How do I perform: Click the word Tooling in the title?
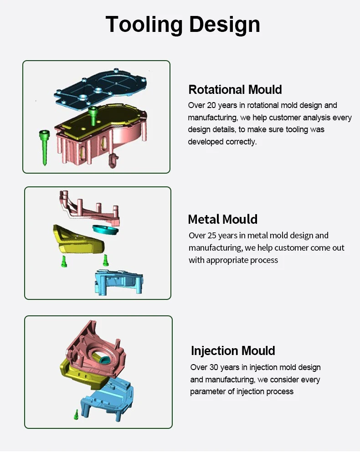click(x=144, y=25)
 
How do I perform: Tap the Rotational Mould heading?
click(x=235, y=90)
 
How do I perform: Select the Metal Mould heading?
click(x=222, y=219)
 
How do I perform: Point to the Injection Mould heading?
click(x=233, y=351)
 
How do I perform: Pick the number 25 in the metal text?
click(x=212, y=236)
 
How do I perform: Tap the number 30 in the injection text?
click(x=214, y=367)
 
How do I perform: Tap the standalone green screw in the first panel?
click(x=45, y=147)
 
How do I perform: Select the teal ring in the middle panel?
click(x=105, y=230)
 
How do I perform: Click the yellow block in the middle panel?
click(x=78, y=239)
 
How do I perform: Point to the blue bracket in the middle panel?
click(x=119, y=282)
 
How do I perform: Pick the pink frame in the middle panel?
click(x=90, y=210)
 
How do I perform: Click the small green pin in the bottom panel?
click(x=76, y=415)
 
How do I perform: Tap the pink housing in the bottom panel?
click(x=95, y=351)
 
